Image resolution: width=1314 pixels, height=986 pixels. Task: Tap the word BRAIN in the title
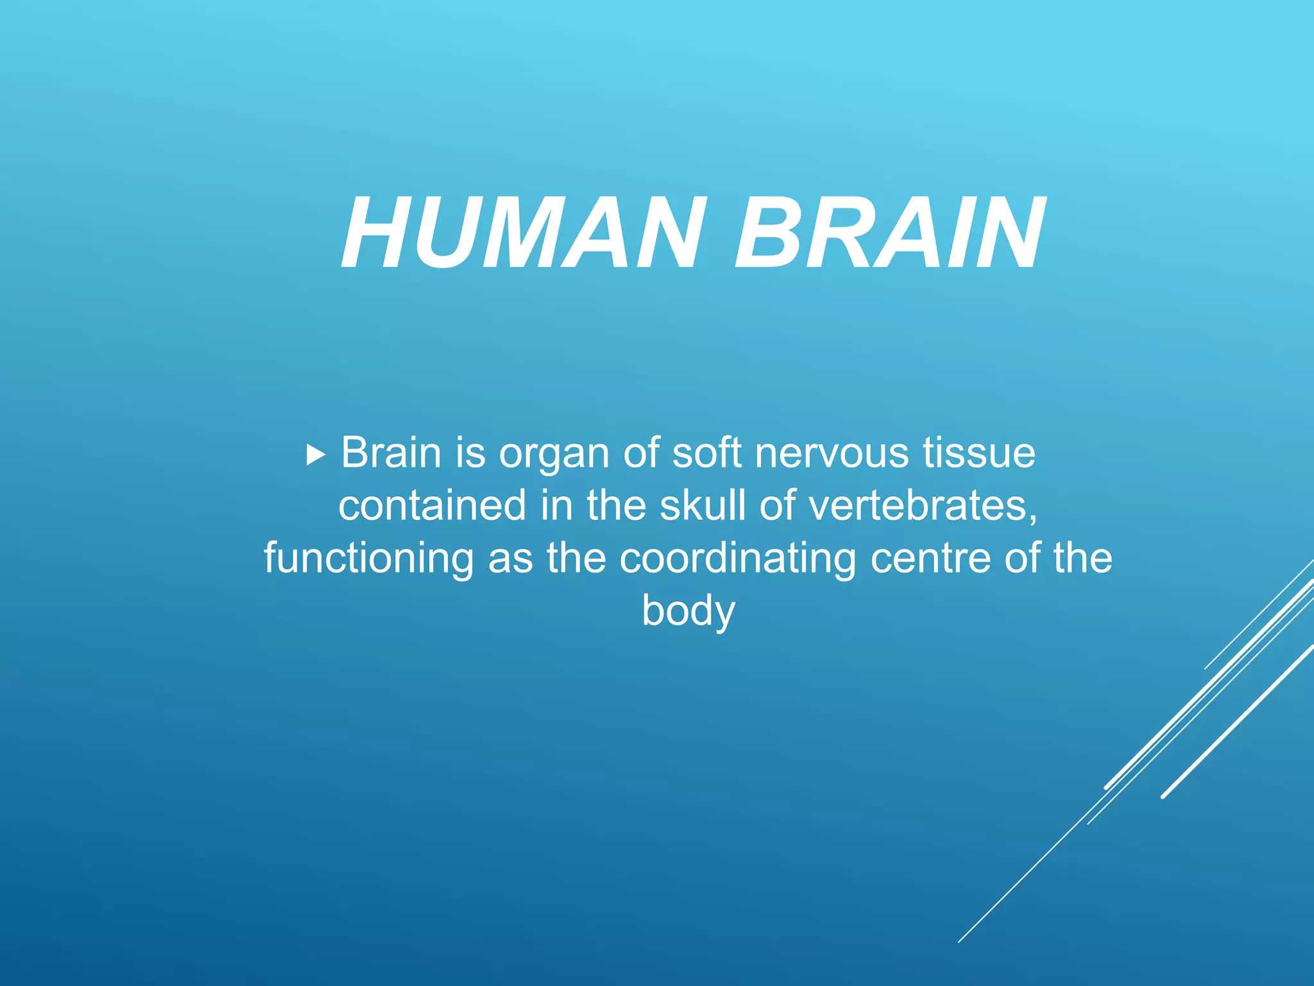coord(889,234)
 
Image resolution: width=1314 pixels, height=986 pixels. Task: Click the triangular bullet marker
coord(316,456)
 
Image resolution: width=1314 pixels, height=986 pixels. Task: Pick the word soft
coord(706,453)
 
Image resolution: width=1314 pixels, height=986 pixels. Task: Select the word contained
coord(432,506)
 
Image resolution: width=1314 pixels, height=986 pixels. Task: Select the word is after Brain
coord(471,453)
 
